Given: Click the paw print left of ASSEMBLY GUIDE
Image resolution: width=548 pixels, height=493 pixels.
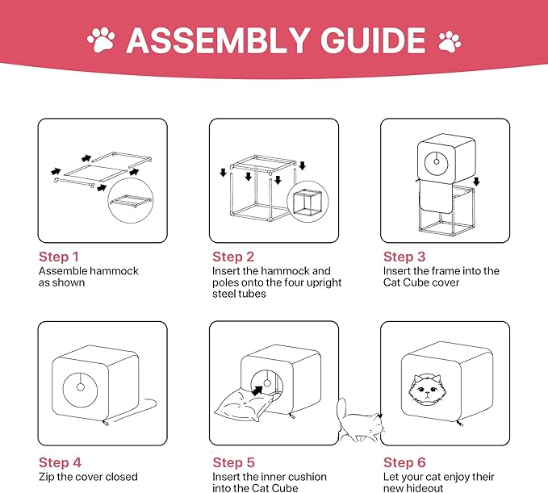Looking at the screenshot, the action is pos(102,40).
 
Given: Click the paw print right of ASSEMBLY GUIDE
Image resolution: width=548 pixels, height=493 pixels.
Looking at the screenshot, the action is pos(450,42).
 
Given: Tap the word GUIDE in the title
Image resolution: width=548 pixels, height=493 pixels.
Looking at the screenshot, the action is pos(373,40).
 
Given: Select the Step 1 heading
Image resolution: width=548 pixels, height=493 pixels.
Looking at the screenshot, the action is pos(59,257).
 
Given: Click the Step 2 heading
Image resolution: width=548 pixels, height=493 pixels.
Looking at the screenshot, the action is pos(233,257).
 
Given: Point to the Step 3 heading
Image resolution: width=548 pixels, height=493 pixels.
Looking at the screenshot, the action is pos(404,257).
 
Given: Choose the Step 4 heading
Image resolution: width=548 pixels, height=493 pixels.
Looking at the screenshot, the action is pos(60,462).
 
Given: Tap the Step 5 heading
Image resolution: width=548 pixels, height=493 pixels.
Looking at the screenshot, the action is pos(233,462).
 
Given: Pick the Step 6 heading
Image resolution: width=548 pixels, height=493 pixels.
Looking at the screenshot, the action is pos(404,462).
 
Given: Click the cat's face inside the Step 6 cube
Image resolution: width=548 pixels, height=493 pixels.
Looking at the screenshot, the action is pos(425,390).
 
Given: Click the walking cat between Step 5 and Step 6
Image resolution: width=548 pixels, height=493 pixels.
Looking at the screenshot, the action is pos(359,420).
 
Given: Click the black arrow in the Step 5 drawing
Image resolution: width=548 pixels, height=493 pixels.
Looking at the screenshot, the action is pos(257,391).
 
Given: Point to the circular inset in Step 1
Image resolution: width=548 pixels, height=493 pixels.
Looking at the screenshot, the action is pos(131,200).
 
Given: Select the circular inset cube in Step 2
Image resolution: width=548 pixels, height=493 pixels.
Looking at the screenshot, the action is pos(307,202).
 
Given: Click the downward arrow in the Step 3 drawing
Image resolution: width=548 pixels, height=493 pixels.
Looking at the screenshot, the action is pos(476,182).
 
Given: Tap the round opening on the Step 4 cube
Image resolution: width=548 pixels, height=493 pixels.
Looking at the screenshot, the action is pos(81,387).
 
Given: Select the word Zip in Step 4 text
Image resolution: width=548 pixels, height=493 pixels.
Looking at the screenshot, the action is pos(46,478).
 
